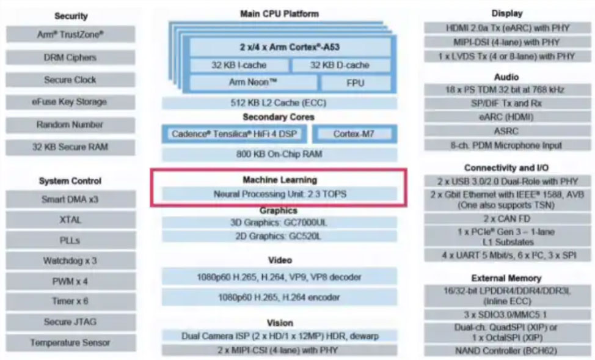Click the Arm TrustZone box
[70, 35]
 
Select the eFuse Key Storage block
[70, 102]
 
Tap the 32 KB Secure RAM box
[70, 147]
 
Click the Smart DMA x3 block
[70, 199]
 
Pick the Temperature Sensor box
[70, 343]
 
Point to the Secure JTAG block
[70, 321]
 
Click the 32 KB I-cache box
[239, 65]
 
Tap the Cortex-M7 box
[355, 134]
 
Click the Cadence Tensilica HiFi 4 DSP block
[235, 134]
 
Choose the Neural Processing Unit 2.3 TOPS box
[279, 194]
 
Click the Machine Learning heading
[279, 180]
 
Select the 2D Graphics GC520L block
[279, 236]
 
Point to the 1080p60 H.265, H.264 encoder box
[279, 298]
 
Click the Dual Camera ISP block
[279, 336]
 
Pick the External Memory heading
[506, 278]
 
